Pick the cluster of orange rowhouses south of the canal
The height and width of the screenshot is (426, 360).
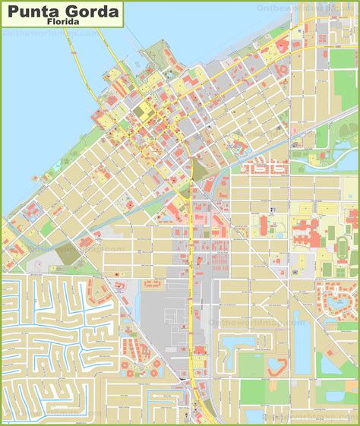tap(266, 166)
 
